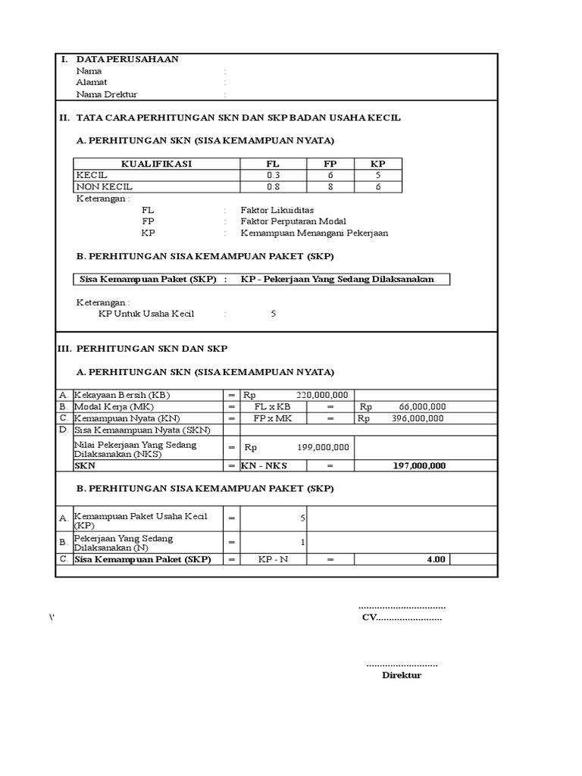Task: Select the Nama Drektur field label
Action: [106, 95]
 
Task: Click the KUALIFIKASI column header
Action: [156, 164]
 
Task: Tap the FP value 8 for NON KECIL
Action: [330, 186]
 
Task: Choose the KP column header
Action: [377, 164]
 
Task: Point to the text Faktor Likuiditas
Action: [277, 210]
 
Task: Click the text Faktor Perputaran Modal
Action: [293, 221]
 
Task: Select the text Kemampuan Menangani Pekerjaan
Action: [314, 233]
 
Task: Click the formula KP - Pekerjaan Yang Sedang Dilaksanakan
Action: [337, 279]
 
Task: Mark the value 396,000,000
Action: [418, 418]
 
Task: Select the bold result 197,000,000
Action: [419, 465]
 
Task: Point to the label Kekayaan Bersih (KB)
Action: [122, 395]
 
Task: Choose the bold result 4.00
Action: [437, 559]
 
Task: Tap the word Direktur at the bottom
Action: [402, 675]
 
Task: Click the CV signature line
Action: [402, 618]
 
